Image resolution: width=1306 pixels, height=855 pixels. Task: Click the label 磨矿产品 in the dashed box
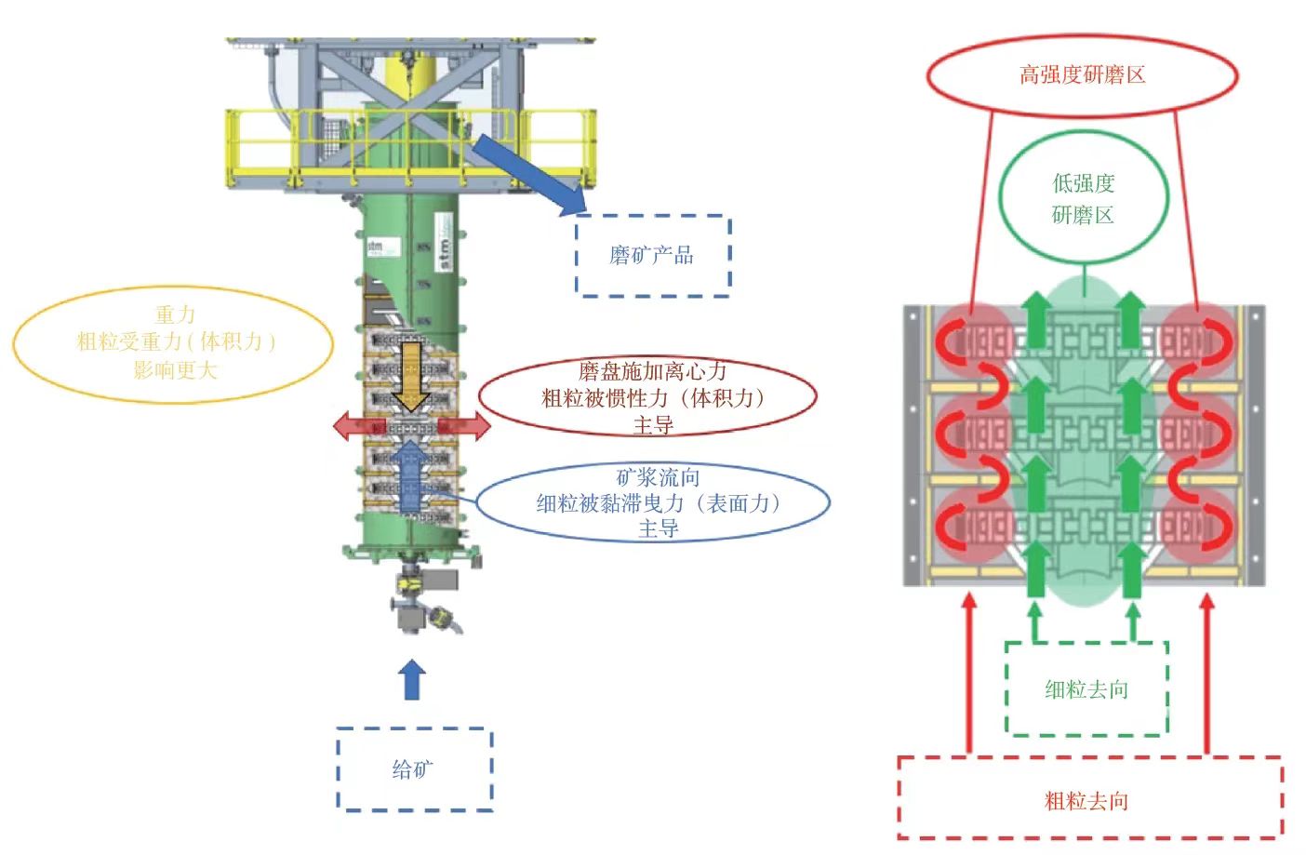coord(651,255)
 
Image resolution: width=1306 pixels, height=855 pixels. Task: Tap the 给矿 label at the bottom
coord(412,769)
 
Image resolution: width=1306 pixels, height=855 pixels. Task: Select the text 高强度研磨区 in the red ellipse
coord(1082,75)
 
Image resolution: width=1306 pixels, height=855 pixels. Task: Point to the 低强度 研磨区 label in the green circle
coord(1083,199)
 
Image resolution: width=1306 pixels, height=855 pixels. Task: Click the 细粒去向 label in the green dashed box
coord(1086,689)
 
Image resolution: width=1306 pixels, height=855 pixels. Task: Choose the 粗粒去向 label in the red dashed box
coord(1086,800)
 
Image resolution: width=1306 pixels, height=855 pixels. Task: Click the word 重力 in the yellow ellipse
coord(175,314)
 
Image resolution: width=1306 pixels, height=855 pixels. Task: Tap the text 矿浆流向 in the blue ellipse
coord(658,478)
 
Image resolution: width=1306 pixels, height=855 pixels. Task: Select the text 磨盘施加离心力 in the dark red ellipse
coord(652,371)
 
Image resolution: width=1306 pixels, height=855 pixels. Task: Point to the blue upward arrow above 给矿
coord(411,680)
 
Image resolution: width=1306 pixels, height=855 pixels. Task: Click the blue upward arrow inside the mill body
coord(409,474)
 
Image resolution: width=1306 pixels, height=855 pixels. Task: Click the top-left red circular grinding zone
coord(973,341)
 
